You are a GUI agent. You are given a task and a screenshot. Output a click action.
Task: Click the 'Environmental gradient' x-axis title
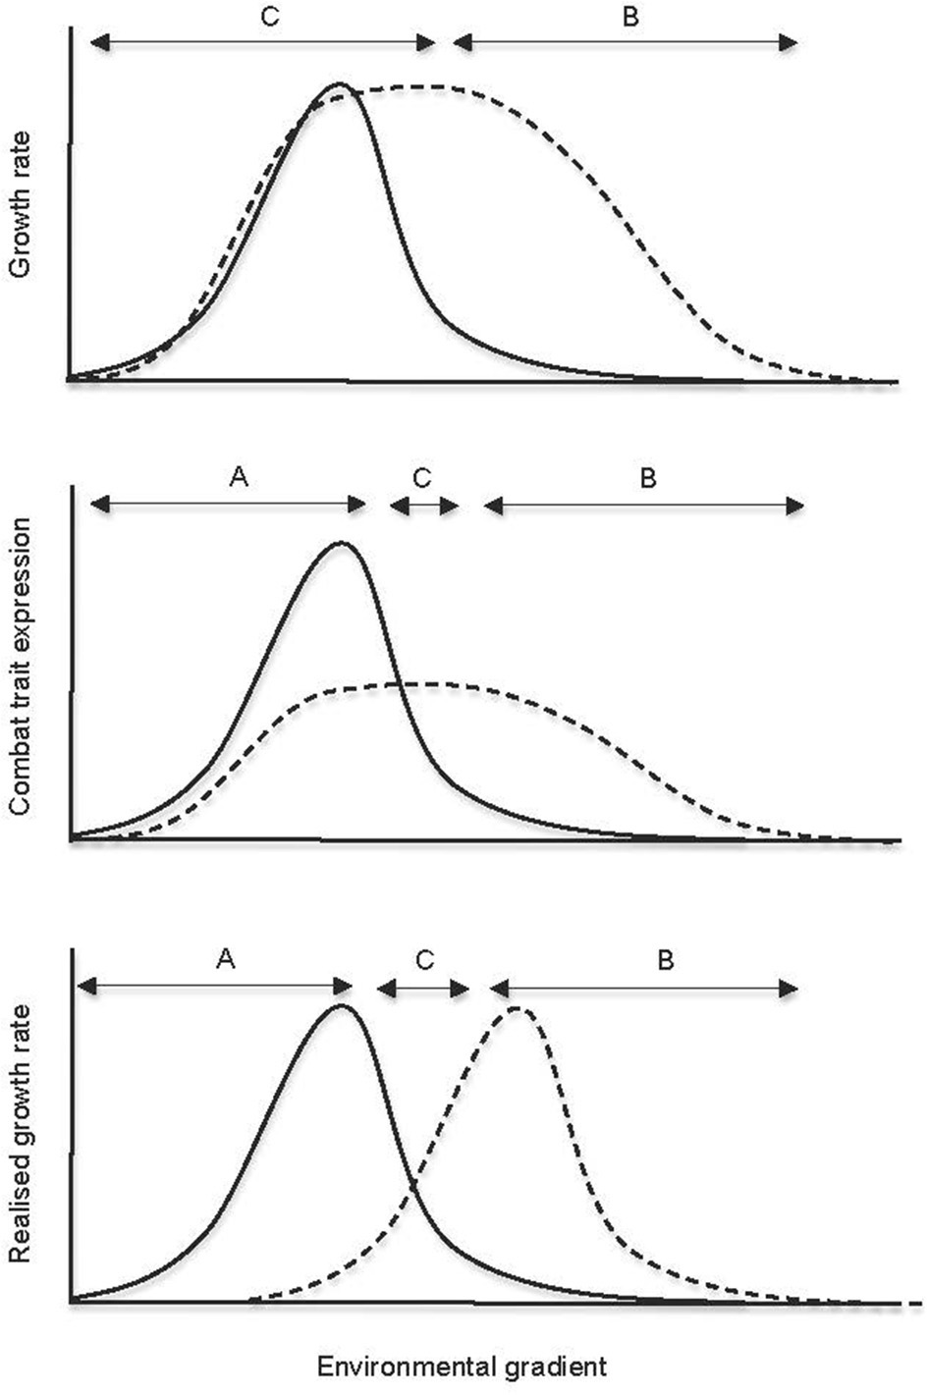(463, 1366)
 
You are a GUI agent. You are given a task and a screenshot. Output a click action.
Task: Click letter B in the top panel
(628, 17)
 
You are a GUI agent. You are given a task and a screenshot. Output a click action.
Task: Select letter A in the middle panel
(238, 477)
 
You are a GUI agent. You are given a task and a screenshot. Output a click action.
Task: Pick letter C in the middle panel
(422, 477)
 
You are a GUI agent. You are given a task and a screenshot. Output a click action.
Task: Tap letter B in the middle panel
(647, 477)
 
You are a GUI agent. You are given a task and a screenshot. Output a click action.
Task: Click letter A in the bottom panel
(225, 959)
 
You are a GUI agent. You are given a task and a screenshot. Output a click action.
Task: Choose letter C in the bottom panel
(424, 959)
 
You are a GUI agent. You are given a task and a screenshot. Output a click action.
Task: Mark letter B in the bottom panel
(665, 959)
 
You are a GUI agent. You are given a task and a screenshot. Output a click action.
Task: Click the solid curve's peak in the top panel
(339, 84)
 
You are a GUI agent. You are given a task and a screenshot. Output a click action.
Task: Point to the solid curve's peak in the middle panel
(341, 542)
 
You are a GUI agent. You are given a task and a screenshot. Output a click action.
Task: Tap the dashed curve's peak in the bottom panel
(518, 1009)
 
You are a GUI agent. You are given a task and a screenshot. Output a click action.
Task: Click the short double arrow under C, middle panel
(424, 506)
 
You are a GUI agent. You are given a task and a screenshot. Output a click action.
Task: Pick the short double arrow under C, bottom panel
(423, 988)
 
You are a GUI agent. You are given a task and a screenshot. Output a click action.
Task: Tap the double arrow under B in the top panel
(626, 42)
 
